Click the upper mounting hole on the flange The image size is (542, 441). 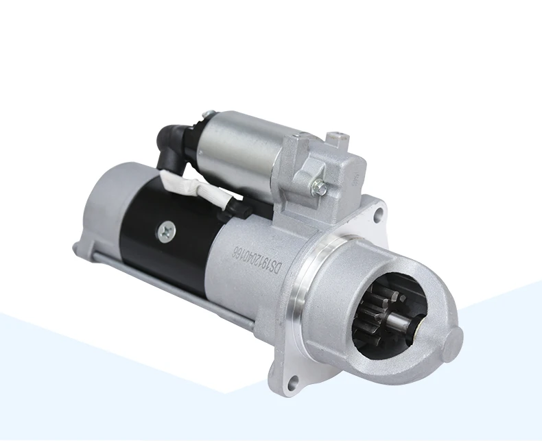(377, 213)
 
